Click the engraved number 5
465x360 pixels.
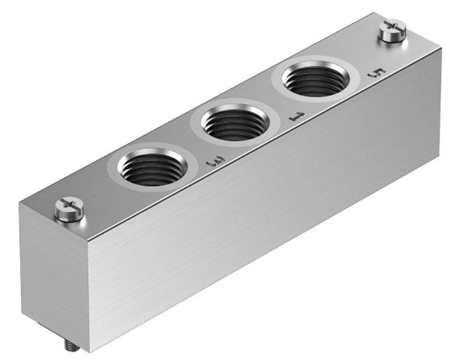point(375,73)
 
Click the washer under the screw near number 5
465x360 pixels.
point(392,38)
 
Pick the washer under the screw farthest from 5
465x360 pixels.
point(68,216)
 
